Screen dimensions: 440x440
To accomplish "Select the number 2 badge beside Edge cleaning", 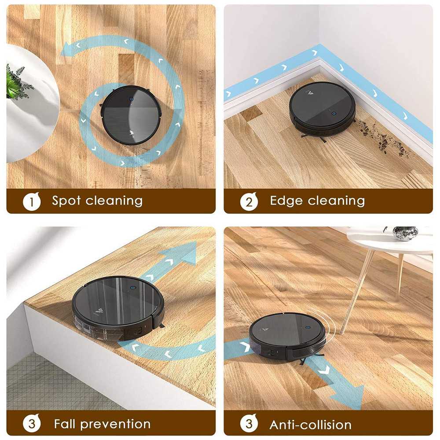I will [x=249, y=202].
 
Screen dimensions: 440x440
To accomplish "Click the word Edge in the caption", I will [x=286, y=201].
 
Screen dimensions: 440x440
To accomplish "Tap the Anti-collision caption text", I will [x=310, y=425].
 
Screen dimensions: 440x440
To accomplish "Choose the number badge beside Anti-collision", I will [x=249, y=424].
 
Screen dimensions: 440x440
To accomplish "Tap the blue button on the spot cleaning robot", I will [x=131, y=99].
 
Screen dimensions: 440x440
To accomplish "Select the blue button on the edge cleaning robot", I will [x=334, y=113].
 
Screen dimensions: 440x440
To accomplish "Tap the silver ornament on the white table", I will [x=404, y=233].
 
